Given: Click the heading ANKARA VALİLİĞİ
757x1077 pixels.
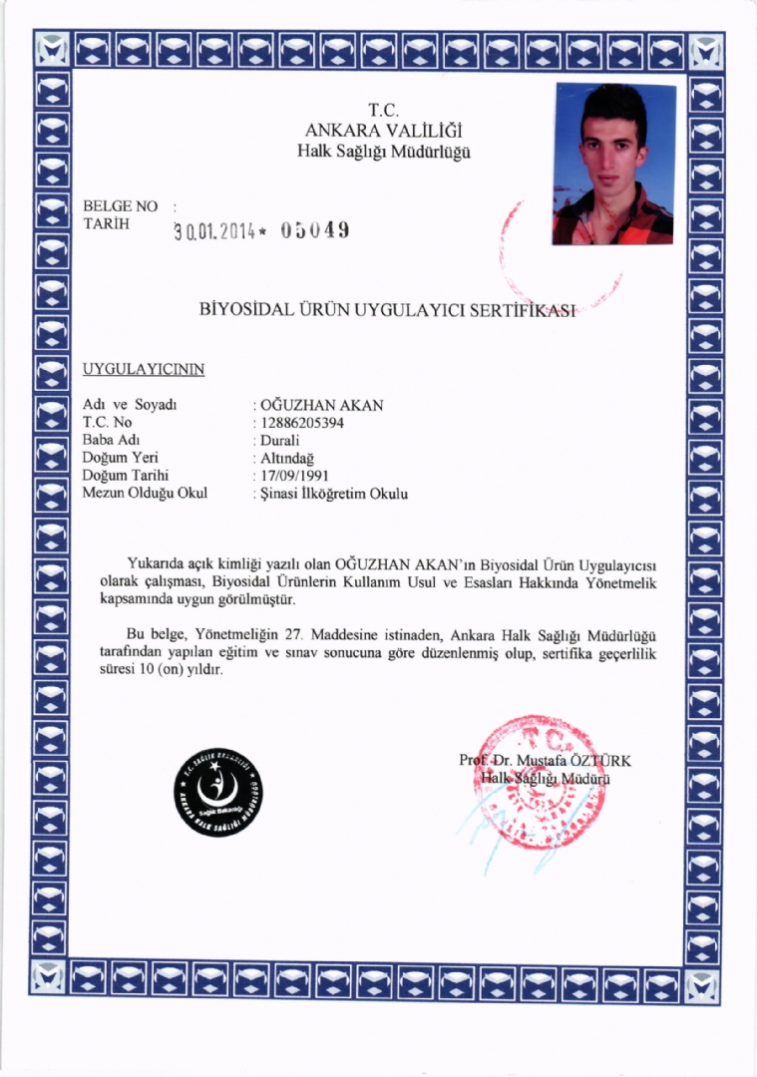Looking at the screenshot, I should pyautogui.click(x=383, y=130).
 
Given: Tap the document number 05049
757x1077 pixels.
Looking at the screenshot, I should pyautogui.click(x=314, y=230).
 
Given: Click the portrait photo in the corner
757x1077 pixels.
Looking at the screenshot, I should pyautogui.click(x=613, y=165).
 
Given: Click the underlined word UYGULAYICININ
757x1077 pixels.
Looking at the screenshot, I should pyautogui.click(x=144, y=369).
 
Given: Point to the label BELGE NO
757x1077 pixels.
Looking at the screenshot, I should pyautogui.click(x=121, y=206).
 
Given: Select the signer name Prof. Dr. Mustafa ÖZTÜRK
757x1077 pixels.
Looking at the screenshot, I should pyautogui.click(x=545, y=761).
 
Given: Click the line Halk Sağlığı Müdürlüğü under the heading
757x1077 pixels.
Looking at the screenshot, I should pyautogui.click(x=383, y=152).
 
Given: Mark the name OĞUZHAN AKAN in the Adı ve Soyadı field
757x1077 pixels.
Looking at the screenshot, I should pyautogui.click(x=321, y=405).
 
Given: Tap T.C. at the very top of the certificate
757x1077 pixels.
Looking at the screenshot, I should pyautogui.click(x=383, y=109).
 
